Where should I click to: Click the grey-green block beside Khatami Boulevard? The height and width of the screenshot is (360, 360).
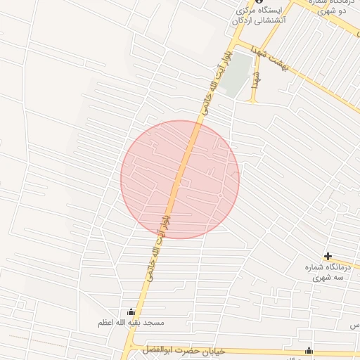pos(240,73)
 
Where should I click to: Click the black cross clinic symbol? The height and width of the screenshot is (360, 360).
pos(328,256)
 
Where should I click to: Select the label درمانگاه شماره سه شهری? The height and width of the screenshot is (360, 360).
pos(328,272)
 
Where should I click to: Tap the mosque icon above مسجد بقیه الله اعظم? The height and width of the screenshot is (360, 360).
pos(130,312)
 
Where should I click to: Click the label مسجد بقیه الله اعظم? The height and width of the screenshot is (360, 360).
pos(131,323)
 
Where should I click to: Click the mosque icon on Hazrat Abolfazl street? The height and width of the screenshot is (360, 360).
pos(308,351)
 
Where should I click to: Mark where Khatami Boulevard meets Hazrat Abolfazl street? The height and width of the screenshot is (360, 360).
pos(127,348)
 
